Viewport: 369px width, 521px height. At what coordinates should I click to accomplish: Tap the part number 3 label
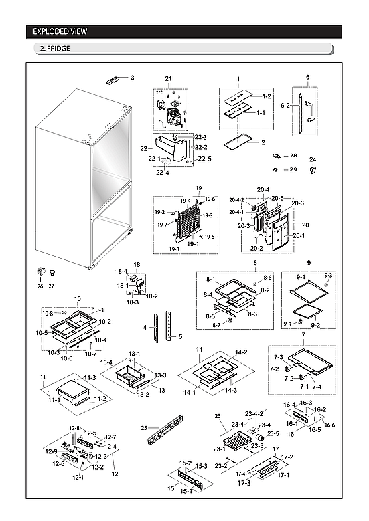pyautogui.click(x=132, y=78)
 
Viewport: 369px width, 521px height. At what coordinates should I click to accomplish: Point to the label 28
pyautogui.click(x=293, y=155)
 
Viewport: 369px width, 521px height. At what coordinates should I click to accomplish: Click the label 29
pyautogui.click(x=293, y=169)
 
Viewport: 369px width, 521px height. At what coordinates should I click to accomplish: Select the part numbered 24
pyautogui.click(x=312, y=169)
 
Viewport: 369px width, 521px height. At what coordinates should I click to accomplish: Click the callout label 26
pyautogui.click(x=40, y=286)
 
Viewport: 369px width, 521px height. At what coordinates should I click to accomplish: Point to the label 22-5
pyautogui.click(x=205, y=159)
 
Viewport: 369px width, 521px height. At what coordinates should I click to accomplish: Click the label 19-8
pyautogui.click(x=174, y=249)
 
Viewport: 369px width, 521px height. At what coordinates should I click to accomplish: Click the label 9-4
pyautogui.click(x=287, y=324)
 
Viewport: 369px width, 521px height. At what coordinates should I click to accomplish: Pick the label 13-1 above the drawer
pyautogui.click(x=134, y=354)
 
